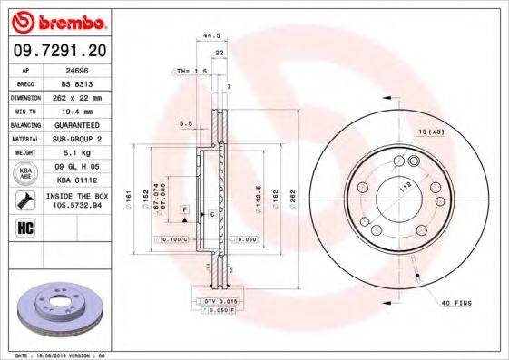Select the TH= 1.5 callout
[192, 70]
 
